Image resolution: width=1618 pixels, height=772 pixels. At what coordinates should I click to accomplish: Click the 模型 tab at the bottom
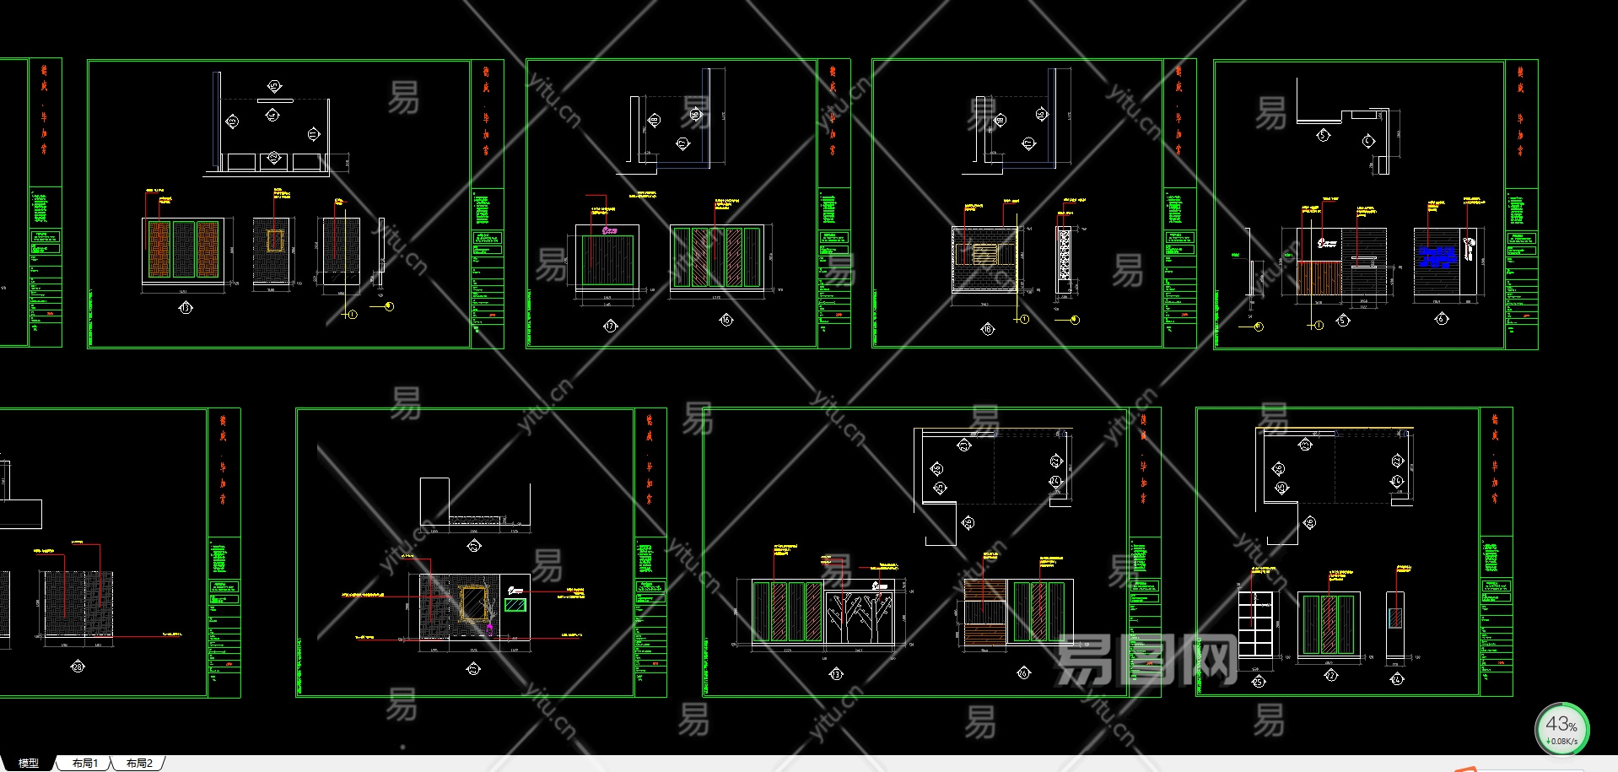tap(29, 763)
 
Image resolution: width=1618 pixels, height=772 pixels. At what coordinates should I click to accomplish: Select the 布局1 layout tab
tap(84, 763)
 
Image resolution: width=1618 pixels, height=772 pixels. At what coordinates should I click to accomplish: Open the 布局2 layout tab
tap(139, 763)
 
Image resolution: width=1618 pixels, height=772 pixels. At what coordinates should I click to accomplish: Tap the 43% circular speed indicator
tap(1561, 729)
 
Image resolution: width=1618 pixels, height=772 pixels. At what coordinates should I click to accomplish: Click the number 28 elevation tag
tap(78, 667)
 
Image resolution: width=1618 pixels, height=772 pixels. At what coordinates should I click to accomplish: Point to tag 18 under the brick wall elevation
tap(988, 329)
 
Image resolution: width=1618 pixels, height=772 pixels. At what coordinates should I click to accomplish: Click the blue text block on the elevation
tap(1437, 256)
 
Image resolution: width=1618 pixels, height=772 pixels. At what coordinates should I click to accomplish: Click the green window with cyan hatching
tap(515, 604)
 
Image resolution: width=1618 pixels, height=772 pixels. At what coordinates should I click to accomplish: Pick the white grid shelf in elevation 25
tap(1255, 624)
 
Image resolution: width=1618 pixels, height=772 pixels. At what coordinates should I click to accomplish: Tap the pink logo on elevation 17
tap(610, 229)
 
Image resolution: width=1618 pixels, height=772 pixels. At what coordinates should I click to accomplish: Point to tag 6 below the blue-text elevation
tap(1441, 318)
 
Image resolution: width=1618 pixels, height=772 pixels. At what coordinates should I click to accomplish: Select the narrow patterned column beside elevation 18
tap(1065, 253)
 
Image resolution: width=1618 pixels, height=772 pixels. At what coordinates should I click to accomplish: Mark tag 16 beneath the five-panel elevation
tap(726, 320)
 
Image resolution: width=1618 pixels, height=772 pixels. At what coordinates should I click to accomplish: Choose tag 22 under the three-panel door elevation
tap(1330, 675)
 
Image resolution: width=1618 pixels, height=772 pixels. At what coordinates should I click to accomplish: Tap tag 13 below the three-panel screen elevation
tap(186, 308)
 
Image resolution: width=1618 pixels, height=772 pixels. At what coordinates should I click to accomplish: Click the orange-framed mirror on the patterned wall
tap(473, 604)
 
